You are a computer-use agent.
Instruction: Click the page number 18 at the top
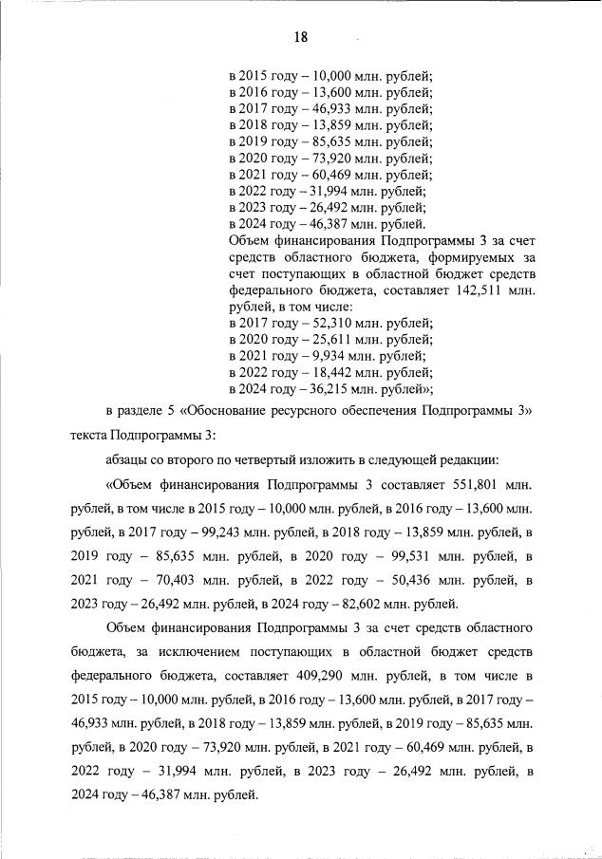[x=300, y=37]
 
